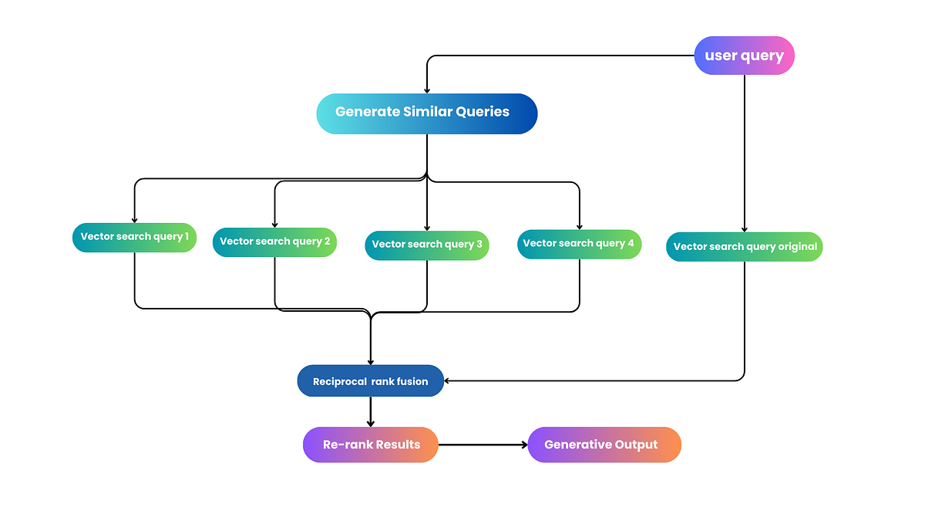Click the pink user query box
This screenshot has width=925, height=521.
click(744, 56)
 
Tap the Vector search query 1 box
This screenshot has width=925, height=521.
click(134, 237)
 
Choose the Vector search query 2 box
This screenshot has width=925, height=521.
click(274, 242)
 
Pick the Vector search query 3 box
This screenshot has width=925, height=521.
click(426, 245)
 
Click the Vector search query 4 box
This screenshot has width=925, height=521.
click(578, 244)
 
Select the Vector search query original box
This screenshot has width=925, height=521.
click(744, 247)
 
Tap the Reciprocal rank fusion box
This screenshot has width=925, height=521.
click(371, 381)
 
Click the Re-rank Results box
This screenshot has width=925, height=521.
click(371, 445)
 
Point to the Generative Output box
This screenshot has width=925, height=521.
click(604, 445)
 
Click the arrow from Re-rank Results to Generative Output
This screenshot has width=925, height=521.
click(483, 445)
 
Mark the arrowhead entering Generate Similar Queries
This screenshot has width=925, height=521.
click(427, 90)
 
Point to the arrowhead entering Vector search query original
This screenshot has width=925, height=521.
click(744, 229)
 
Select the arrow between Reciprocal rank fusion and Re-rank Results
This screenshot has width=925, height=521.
click(371, 412)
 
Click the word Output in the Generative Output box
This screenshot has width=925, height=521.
click(636, 445)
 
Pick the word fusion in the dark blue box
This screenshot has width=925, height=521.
click(412, 381)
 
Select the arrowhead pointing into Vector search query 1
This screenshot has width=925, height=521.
click(134, 220)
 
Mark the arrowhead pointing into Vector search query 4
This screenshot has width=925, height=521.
click(579, 226)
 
